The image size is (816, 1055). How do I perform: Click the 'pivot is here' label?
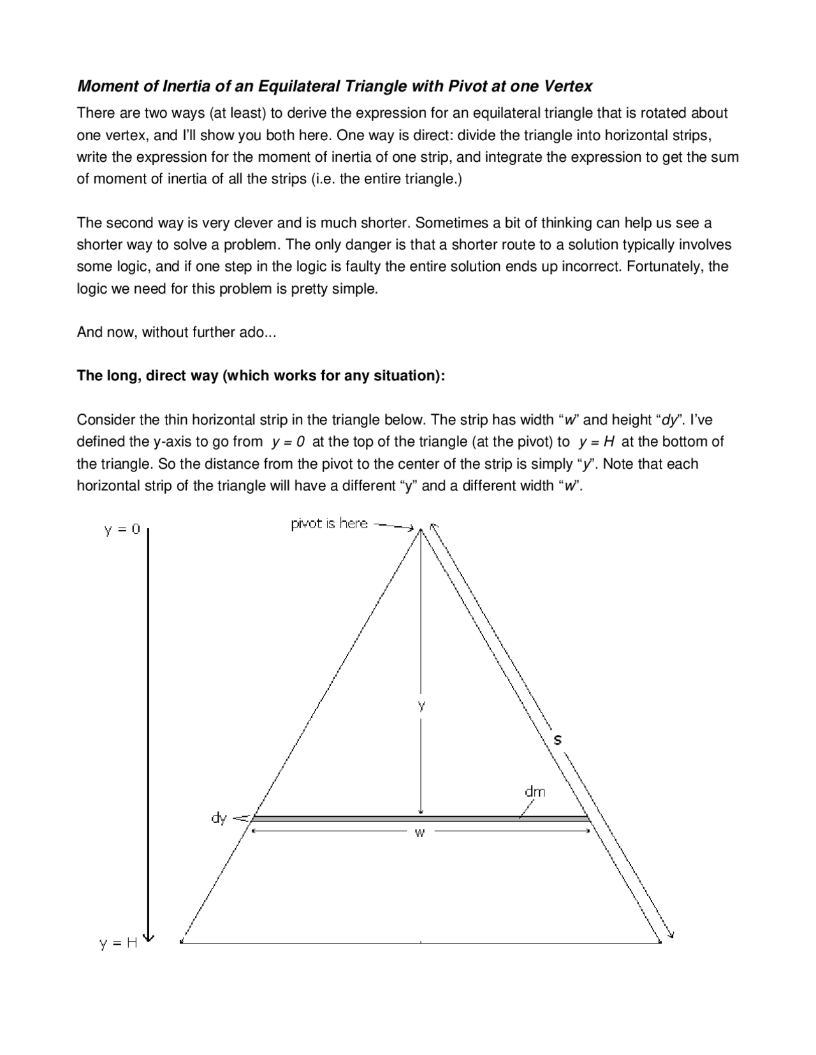pyautogui.click(x=329, y=524)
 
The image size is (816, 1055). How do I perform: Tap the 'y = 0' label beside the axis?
pyautogui.click(x=122, y=530)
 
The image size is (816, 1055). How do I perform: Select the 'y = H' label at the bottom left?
pyautogui.click(x=119, y=944)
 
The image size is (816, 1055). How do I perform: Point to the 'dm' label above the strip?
pyautogui.click(x=535, y=791)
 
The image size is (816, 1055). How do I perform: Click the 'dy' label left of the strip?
pyautogui.click(x=219, y=818)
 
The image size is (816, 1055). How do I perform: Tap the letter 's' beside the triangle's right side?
pyautogui.click(x=557, y=740)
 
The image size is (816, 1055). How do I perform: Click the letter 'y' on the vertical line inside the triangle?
pyautogui.click(x=421, y=705)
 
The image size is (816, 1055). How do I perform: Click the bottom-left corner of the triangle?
pyautogui.click(x=182, y=942)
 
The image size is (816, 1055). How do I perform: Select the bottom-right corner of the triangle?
pyautogui.click(x=660, y=942)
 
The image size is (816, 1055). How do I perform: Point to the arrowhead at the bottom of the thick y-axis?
pyautogui.click(x=149, y=937)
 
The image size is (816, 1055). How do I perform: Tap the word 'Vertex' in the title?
pyautogui.click(x=569, y=85)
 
